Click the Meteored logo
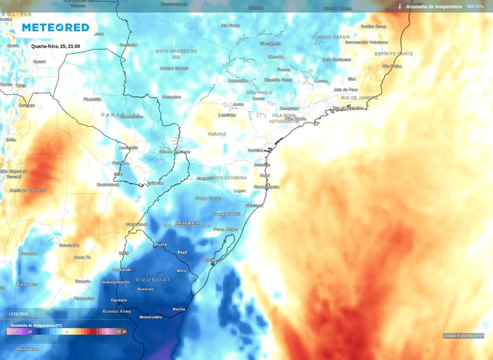coord(55,27)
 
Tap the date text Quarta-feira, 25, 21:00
coord(55,47)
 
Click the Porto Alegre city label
coord(226,230)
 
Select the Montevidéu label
coord(150,317)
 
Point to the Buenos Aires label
coord(117,311)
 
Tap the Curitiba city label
coord(256,150)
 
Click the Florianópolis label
coord(267,187)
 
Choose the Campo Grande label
coord(174,68)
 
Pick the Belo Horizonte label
coord(337,60)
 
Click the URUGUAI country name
coord(153,280)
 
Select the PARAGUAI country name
coord(116,115)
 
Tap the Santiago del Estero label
coord(28,191)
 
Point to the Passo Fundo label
coord(208,198)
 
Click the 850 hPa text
coord(475,7)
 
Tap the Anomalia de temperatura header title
coord(434,7)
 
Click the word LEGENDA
coord(19,314)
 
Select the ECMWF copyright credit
coord(464,336)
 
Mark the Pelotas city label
coord(209,260)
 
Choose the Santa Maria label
coord(187,223)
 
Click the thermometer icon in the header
coord(400,7)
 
